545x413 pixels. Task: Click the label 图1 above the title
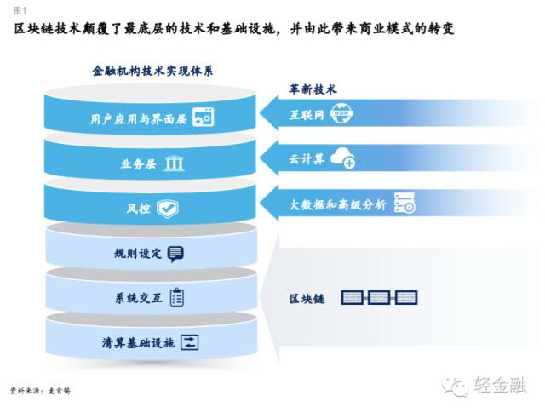click(18, 9)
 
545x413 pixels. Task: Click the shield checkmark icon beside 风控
click(167, 207)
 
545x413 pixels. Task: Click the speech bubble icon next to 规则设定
click(175, 253)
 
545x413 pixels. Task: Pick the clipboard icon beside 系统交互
click(176, 297)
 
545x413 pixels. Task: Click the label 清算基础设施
click(137, 343)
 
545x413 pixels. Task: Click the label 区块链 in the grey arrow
click(305, 299)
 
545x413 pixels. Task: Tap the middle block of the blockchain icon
click(380, 298)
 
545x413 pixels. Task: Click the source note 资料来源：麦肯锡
click(42, 391)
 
